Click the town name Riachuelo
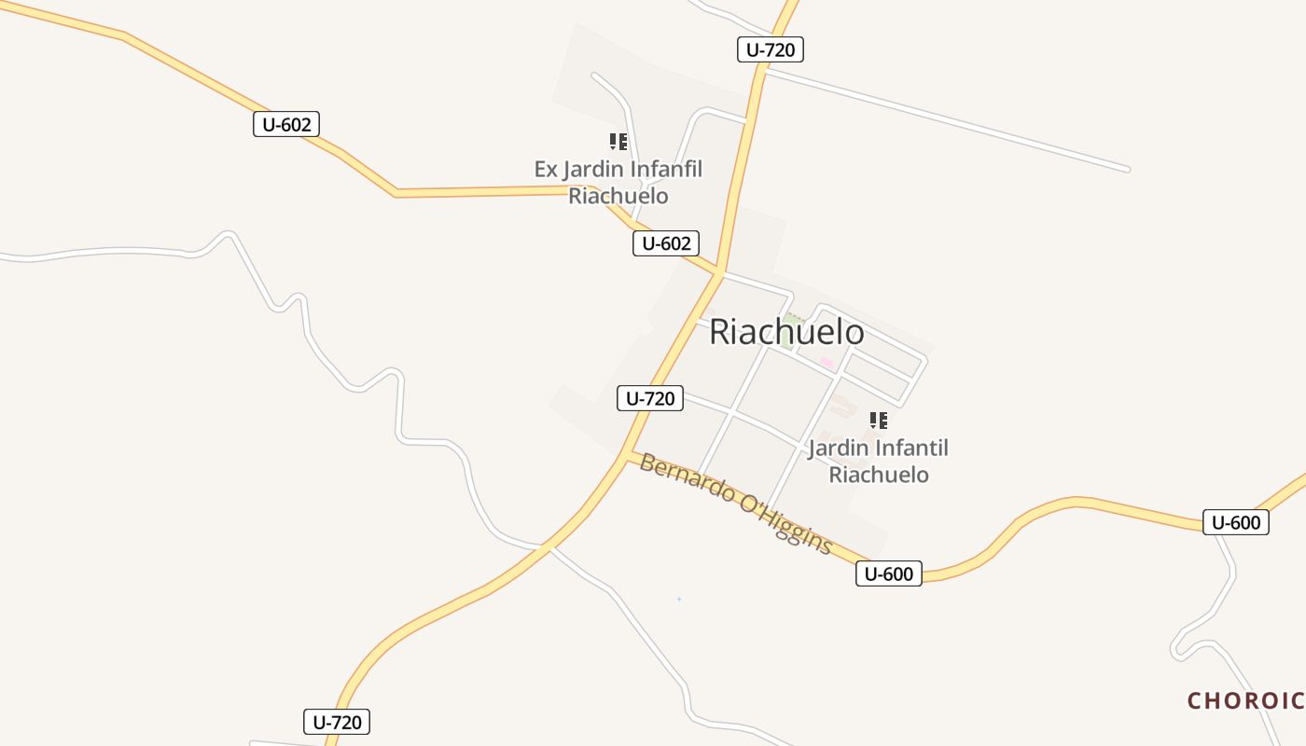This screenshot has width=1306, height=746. tap(786, 332)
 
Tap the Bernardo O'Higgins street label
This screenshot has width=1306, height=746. tap(735, 504)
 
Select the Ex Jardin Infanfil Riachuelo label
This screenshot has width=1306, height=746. tap(618, 183)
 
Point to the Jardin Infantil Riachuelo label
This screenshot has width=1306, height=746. tap(879, 461)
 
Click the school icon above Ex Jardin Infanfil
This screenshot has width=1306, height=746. tap(618, 142)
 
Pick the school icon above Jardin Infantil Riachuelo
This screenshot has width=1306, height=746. tap(878, 421)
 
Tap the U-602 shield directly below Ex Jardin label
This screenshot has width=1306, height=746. tap(666, 243)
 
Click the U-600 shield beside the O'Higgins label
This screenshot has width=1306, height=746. tap(888, 573)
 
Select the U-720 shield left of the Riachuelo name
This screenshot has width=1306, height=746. tap(650, 398)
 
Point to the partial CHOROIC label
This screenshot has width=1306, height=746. tap(1244, 700)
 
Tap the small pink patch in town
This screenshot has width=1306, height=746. tap(827, 362)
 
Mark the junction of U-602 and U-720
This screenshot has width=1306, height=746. tap(720, 273)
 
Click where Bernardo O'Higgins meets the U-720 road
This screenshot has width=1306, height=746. tap(627, 455)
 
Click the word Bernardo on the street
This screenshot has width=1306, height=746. tap(686, 479)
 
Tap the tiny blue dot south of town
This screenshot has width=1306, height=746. tap(679, 599)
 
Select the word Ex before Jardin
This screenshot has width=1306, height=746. tap(546, 170)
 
